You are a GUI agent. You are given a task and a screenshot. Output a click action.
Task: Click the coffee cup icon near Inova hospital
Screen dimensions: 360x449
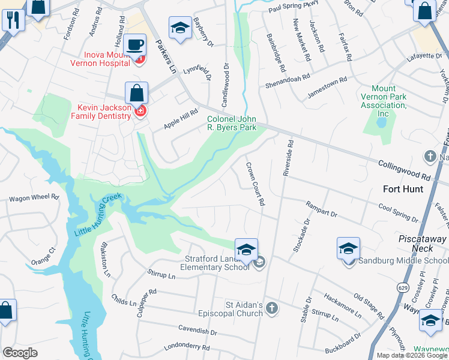tap(136, 43)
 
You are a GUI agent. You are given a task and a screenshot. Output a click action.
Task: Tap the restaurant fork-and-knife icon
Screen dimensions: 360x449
tap(12, 20)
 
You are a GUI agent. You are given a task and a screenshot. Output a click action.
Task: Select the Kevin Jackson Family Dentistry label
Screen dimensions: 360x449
tap(103, 112)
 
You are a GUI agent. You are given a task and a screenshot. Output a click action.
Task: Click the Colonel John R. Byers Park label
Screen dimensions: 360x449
tap(232, 123)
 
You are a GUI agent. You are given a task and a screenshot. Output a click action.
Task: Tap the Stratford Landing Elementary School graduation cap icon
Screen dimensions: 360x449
tap(246, 250)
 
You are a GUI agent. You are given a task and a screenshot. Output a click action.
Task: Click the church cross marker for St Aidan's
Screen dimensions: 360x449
tap(271, 308)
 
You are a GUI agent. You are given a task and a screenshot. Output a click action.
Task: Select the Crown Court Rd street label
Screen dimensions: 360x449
tap(255, 184)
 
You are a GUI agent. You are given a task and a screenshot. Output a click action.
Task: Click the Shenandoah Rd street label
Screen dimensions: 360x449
tap(288, 80)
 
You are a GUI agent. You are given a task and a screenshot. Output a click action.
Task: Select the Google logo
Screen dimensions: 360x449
tap(20, 353)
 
